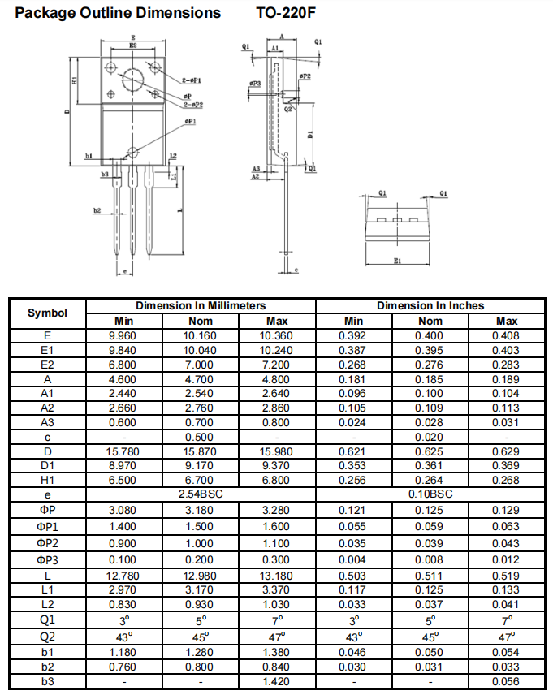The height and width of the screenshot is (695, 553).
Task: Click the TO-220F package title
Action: click(286, 12)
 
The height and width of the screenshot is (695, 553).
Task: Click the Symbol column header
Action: click(47, 313)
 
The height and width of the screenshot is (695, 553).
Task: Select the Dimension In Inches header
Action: click(430, 305)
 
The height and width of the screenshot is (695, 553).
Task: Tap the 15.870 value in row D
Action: click(199, 451)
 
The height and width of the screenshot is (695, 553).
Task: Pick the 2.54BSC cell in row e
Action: click(201, 494)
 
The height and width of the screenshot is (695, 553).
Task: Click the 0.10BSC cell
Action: click(430, 494)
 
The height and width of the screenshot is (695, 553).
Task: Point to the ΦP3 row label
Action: click(47, 559)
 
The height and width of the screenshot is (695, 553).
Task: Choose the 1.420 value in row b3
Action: click(276, 681)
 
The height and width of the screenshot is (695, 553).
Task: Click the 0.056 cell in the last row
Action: click(506, 681)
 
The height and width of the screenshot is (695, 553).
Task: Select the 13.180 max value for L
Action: click(276, 576)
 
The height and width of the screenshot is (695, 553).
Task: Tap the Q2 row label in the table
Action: click(47, 637)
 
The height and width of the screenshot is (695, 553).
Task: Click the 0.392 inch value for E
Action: click(352, 335)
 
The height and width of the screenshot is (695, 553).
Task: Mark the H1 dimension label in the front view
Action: click(75, 80)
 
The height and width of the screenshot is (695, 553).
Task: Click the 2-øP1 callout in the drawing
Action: click(191, 80)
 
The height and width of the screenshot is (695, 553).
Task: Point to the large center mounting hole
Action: click(133, 80)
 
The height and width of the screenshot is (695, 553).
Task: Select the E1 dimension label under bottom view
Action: click(397, 261)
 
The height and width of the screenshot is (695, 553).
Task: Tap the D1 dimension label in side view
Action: click(310, 133)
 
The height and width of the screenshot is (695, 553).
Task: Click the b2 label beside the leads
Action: click(97, 210)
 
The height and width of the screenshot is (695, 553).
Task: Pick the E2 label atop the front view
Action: click(133, 45)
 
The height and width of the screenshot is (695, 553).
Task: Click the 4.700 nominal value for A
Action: click(199, 379)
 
